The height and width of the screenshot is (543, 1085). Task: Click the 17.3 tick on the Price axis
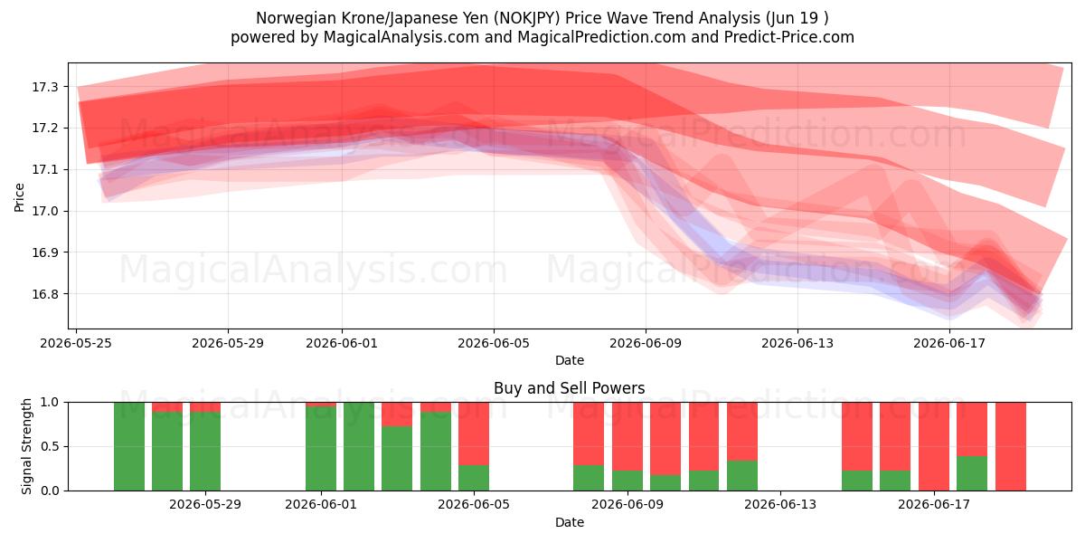(44, 87)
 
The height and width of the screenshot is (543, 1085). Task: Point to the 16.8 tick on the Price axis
(44, 294)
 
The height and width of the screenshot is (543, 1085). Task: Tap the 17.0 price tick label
(44, 212)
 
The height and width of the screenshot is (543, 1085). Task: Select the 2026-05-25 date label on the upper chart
(76, 343)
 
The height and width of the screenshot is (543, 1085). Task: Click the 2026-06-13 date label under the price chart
(797, 343)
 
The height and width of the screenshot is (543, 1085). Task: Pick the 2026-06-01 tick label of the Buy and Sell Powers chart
(321, 504)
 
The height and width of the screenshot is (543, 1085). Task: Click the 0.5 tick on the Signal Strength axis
(50, 446)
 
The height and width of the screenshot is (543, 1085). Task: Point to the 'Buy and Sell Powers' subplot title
(569, 388)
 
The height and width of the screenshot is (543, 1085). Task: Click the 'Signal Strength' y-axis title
(26, 446)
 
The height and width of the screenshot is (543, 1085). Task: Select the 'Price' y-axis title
(19, 197)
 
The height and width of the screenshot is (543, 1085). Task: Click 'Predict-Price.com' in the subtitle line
(789, 37)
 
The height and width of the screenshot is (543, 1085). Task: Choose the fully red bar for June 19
(1011, 446)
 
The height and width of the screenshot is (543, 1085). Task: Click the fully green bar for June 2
(359, 446)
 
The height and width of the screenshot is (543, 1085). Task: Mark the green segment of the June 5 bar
(474, 478)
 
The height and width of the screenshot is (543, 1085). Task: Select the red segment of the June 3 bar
(397, 414)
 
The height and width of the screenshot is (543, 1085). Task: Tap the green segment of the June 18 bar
(972, 473)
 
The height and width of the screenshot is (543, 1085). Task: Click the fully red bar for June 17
(934, 446)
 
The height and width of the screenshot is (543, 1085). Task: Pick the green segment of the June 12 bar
(742, 476)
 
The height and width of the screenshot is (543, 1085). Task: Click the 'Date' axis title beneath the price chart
(569, 360)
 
